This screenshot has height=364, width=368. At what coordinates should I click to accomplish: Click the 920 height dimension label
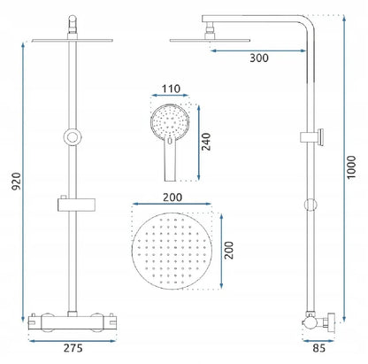17,181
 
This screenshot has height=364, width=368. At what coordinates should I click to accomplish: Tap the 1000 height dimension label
351,167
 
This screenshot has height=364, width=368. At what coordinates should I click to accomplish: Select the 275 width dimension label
73,348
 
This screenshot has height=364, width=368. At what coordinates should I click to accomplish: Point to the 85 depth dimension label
318,348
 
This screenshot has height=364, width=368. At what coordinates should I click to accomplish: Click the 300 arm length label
259,58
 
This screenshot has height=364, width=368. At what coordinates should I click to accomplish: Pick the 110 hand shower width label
171,89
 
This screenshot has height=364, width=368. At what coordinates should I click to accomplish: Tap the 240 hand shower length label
206,142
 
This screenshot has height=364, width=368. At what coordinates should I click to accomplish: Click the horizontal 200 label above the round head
172,197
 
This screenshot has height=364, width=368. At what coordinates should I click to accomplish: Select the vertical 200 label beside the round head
229,251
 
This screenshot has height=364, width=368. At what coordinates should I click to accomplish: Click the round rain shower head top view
172,251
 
